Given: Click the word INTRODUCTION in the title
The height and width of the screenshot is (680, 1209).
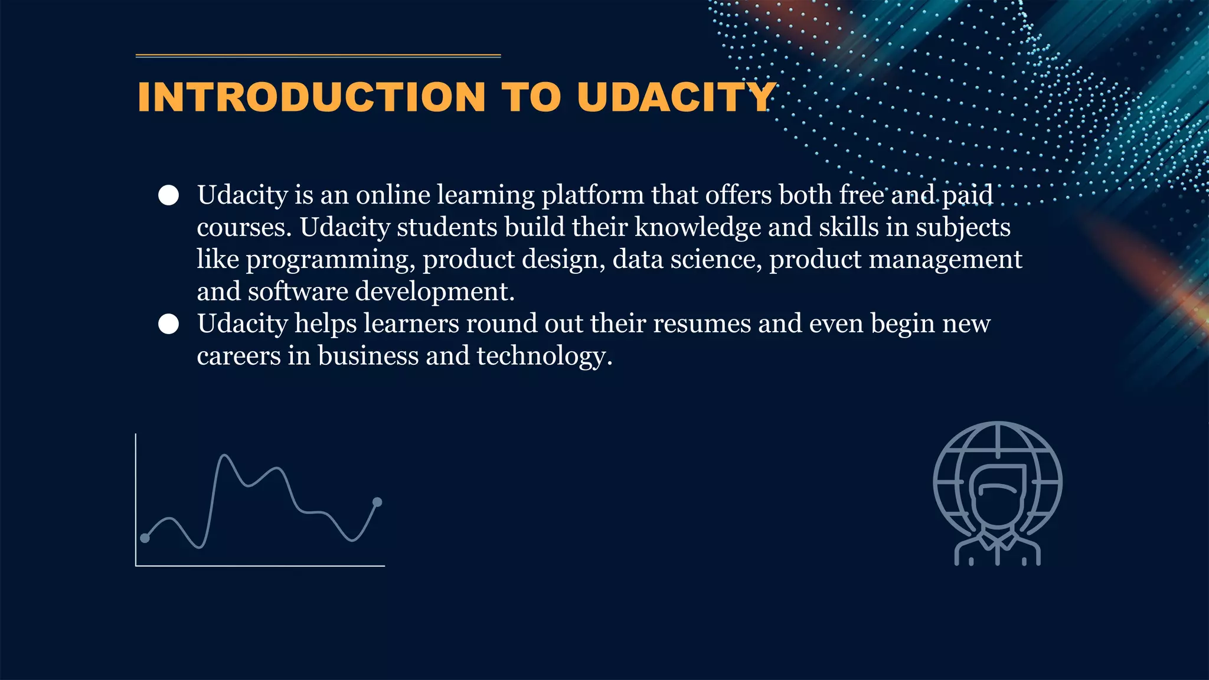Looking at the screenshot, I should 311,97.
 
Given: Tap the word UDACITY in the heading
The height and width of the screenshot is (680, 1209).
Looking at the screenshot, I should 676,97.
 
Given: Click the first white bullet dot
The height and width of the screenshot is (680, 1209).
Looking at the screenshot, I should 169,195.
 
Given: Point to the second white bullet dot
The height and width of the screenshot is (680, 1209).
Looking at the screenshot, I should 169,324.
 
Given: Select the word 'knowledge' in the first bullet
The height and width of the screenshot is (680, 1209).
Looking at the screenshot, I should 697,227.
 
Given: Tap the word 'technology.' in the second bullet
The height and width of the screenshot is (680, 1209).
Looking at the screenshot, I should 544,356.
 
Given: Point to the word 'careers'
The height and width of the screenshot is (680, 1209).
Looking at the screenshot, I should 238,356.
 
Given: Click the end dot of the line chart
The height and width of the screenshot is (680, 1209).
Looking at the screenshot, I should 378,502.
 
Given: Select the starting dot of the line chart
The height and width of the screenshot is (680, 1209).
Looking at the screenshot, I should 145,538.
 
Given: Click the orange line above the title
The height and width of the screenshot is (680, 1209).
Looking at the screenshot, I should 318,56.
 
